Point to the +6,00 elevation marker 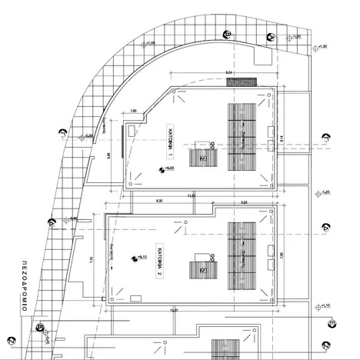[168, 168]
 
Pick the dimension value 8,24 [228, 72]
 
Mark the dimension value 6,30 [159, 202]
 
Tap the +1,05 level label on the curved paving [149, 43]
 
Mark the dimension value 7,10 [91, 259]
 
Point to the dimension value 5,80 [244, 202]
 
